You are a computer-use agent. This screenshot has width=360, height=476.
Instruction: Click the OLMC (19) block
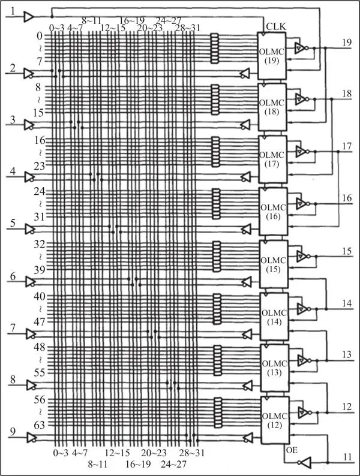coord(271,55)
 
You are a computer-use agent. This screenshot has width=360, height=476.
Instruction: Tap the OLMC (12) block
coord(272,420)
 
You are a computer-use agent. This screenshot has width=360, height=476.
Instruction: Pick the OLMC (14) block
coord(272,316)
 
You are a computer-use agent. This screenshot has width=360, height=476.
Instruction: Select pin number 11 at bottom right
coord(346,457)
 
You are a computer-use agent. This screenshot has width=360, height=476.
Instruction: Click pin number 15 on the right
coord(347,250)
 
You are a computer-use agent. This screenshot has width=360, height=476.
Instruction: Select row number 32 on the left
coord(41,245)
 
